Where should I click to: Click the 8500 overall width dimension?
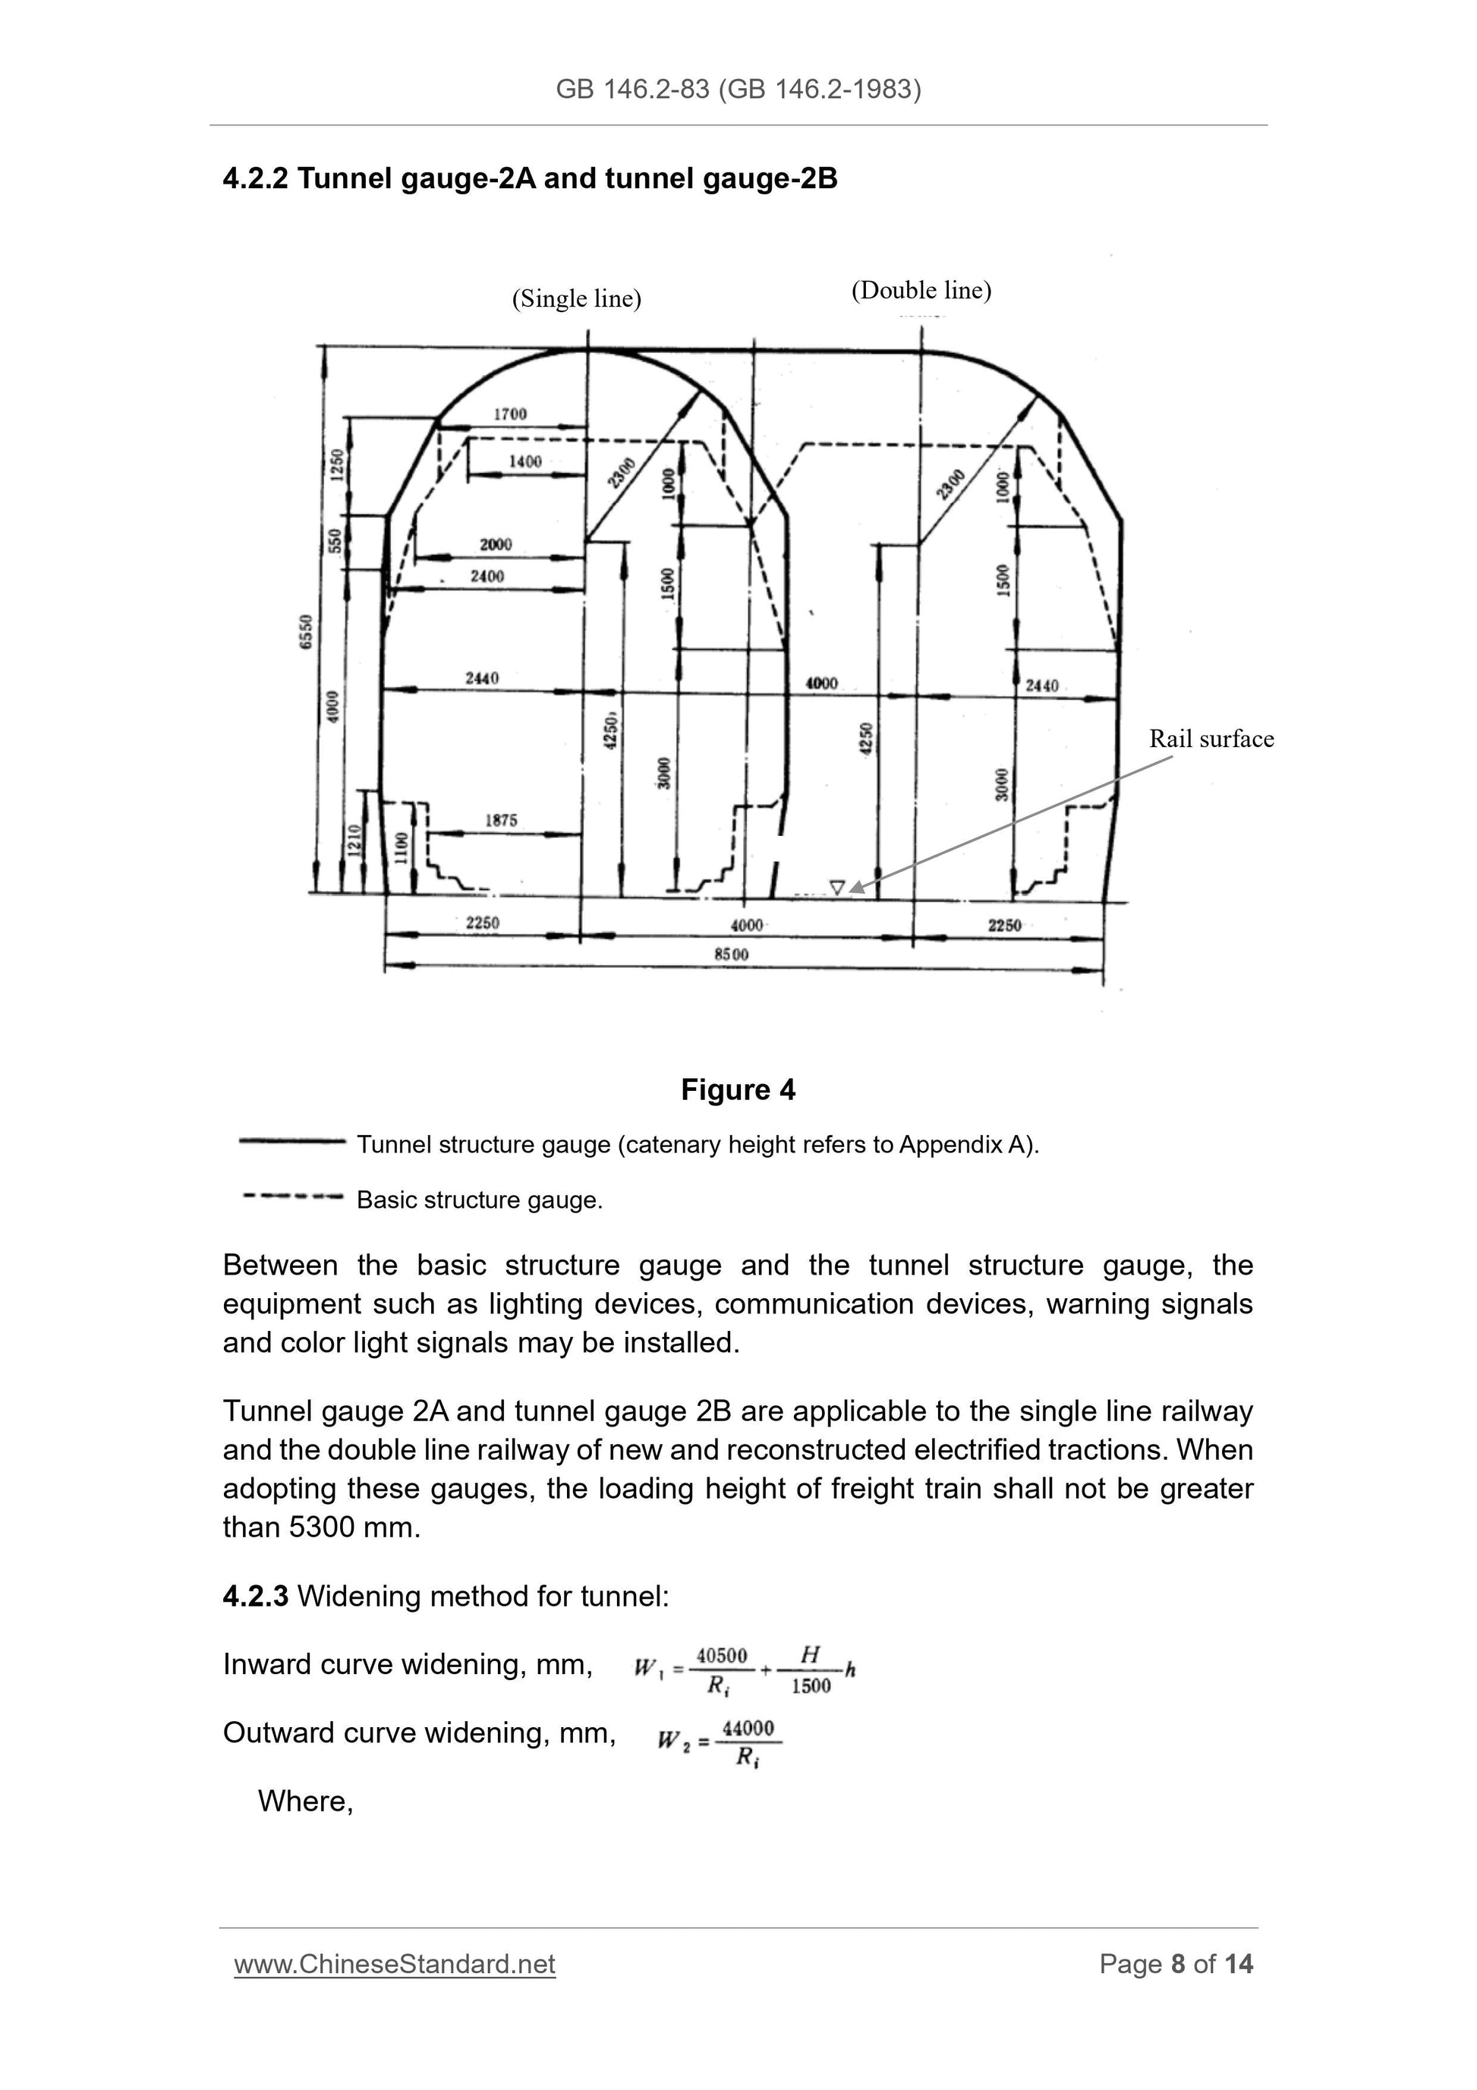click(731, 954)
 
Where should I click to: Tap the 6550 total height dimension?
click(307, 631)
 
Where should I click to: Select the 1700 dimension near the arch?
click(509, 415)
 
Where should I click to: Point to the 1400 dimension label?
click(524, 462)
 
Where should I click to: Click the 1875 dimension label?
click(500, 820)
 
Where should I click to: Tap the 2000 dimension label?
click(495, 544)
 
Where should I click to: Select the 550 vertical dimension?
click(335, 541)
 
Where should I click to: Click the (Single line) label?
click(576, 298)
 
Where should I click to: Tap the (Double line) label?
click(921, 290)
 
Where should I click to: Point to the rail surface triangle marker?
click(836, 887)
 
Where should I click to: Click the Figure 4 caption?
click(738, 1089)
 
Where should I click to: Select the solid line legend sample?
click(291, 1140)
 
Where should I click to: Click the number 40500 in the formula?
click(721, 1655)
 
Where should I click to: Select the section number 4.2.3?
click(255, 1596)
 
